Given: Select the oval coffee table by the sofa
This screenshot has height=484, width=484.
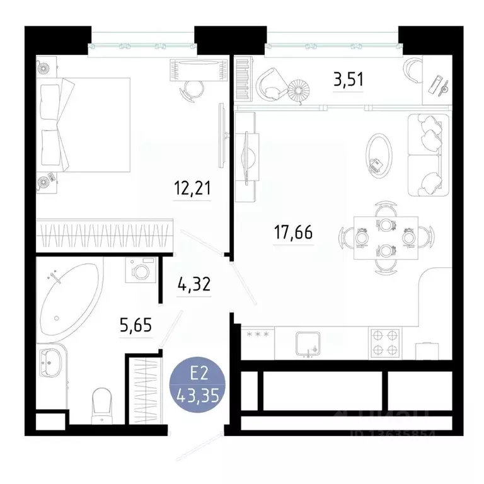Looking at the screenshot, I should (x=378, y=155).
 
